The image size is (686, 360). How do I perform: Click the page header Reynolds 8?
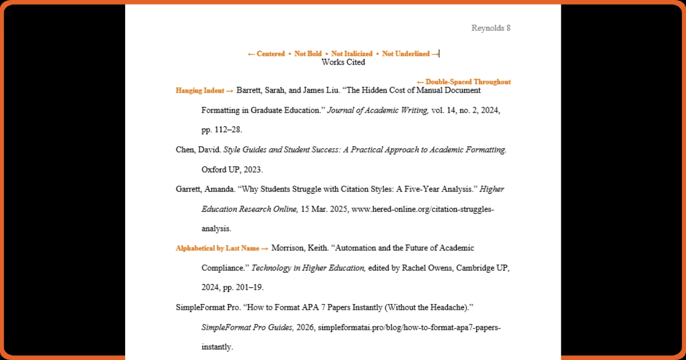[490, 28]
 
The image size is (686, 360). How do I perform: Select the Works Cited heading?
[343, 62]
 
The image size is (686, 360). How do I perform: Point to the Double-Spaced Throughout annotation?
[464, 82]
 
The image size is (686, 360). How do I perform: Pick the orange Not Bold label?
[308, 54]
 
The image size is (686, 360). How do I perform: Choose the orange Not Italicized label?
[352, 54]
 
